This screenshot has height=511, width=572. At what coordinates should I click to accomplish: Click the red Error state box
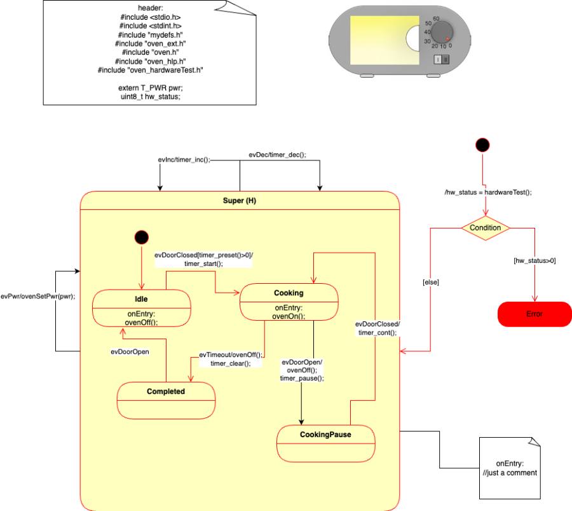coord(535,314)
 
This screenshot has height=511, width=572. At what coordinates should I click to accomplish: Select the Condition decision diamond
coord(486,228)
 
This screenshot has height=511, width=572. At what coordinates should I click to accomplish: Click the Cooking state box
coord(288,301)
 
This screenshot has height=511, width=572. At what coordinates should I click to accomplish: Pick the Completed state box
coord(166,400)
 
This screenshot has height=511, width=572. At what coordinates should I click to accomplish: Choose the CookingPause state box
coord(326,442)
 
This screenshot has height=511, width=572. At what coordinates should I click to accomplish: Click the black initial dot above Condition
coord(483,145)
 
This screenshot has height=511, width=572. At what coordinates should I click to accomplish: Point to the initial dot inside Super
coord(142,237)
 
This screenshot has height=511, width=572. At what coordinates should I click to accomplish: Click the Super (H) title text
coord(240,200)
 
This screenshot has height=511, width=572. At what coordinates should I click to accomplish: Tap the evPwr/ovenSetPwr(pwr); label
coord(37,296)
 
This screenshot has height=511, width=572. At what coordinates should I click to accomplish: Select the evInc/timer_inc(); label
coord(183,160)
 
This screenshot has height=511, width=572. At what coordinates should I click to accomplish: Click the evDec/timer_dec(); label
coord(277,154)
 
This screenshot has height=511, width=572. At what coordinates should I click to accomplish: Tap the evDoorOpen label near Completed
coord(130,351)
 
